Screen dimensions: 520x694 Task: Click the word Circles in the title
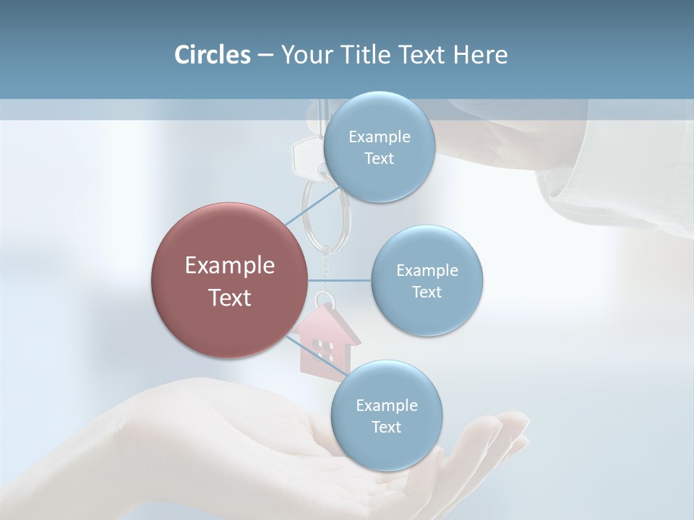[x=212, y=55]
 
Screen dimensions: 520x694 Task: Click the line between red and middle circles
[x=340, y=280]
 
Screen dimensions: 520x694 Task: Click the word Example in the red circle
[x=230, y=266]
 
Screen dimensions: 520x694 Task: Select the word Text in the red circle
[x=230, y=298]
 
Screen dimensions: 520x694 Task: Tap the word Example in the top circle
[x=380, y=137]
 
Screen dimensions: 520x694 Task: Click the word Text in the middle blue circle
[x=427, y=292]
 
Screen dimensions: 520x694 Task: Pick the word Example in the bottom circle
[x=387, y=406]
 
